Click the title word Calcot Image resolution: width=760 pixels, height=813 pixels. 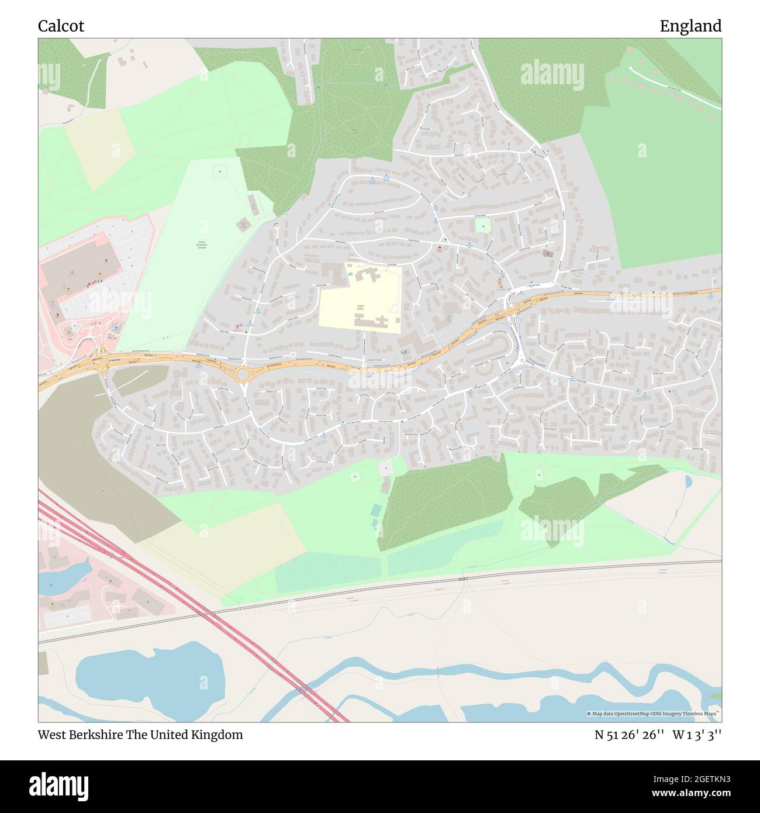[x=61, y=26]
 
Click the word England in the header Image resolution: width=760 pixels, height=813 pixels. [x=690, y=26]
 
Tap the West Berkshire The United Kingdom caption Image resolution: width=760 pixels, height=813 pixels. [x=140, y=735]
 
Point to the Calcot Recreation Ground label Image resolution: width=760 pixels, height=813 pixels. [x=201, y=245]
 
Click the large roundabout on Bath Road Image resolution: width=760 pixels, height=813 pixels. [x=243, y=373]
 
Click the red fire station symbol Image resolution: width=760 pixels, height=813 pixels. [x=439, y=247]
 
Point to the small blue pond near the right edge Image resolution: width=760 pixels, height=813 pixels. [x=688, y=483]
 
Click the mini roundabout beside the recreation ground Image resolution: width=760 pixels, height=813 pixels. [x=277, y=224]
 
